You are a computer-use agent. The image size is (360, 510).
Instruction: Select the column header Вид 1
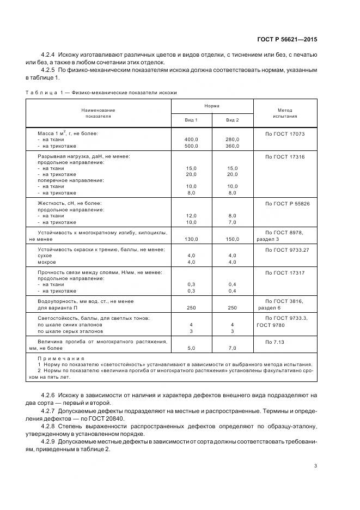point(192,120)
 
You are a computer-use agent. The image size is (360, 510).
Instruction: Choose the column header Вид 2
point(233,120)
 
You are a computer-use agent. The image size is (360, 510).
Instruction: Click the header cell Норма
point(212,106)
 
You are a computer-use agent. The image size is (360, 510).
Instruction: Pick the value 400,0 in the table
point(192,139)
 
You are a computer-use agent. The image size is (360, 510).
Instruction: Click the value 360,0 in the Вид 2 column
point(233,146)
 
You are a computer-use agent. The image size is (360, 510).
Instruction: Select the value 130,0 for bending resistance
point(192,238)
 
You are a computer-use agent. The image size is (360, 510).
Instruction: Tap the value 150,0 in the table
point(233,238)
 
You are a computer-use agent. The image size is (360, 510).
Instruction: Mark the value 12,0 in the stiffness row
point(192,216)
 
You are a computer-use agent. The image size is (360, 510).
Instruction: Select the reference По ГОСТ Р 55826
point(287,203)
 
